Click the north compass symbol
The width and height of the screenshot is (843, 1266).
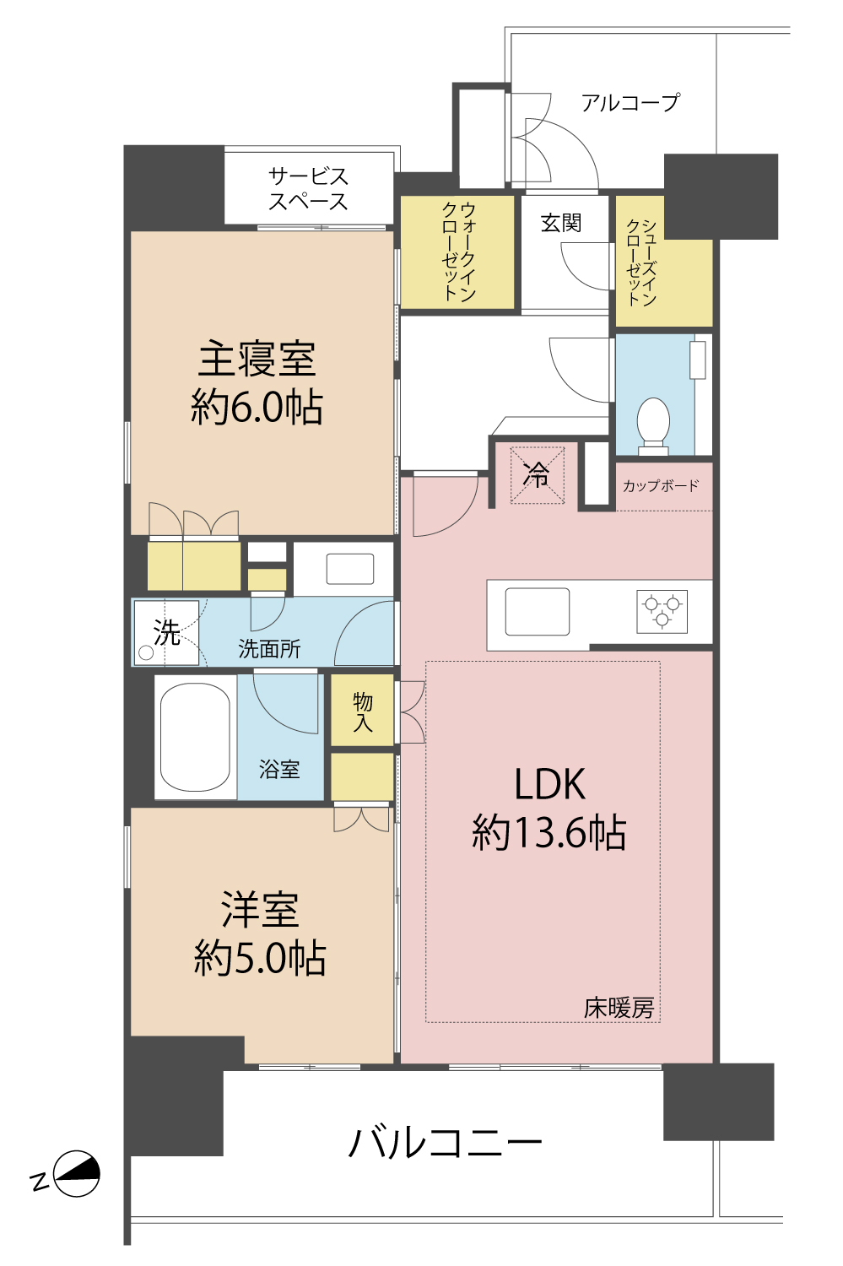[76, 1174]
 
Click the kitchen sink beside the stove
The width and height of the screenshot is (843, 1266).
[537, 611]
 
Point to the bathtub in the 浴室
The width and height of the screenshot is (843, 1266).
[195, 737]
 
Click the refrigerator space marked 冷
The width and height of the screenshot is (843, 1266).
[537, 475]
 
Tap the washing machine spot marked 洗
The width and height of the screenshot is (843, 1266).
[166, 632]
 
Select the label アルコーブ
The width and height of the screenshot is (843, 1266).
[630, 103]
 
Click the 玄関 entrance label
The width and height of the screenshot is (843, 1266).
[561, 223]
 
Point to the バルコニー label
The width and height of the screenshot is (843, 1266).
[445, 1143]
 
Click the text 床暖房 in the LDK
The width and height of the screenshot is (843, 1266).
[619, 1008]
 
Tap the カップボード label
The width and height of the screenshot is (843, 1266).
[661, 486]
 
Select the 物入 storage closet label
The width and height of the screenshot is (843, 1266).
[363, 711]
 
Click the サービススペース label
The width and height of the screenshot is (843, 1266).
[308, 189]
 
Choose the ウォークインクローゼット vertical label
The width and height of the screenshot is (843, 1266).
[458, 252]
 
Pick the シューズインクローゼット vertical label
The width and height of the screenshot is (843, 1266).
[640, 262]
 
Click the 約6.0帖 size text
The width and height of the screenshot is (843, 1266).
[257, 408]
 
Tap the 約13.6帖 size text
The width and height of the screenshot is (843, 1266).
[548, 833]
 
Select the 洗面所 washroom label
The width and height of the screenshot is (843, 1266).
[269, 649]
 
